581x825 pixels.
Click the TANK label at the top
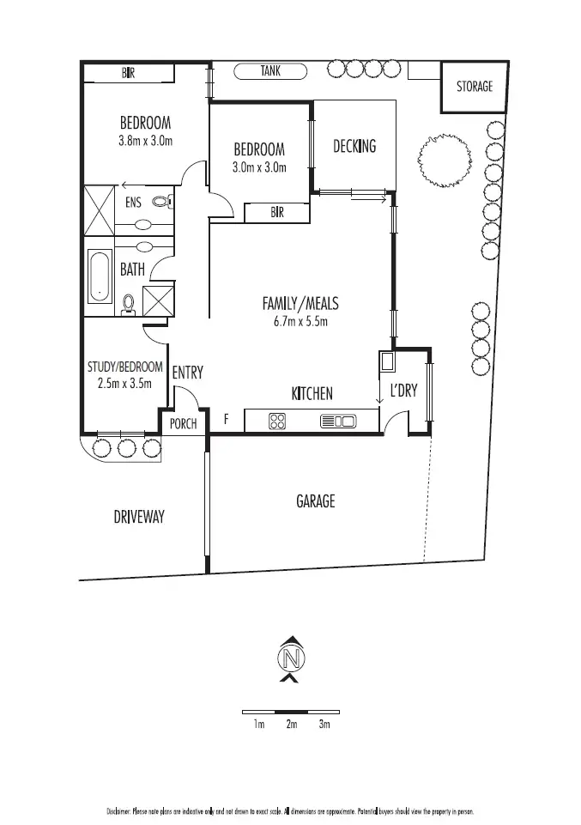270,72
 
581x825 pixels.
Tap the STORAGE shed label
474,86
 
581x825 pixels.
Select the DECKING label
354,146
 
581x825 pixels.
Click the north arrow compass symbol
291,659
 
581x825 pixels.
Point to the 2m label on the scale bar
291,725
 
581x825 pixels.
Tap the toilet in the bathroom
130,303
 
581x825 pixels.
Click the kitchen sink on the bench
337,421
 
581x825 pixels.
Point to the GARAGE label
315,501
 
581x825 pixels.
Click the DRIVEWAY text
138,517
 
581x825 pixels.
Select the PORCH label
183,424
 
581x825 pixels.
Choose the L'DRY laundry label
403,391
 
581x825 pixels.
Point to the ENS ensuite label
133,203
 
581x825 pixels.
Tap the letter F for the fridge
226,420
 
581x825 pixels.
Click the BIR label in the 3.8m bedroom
128,74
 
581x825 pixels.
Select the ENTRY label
187,373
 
